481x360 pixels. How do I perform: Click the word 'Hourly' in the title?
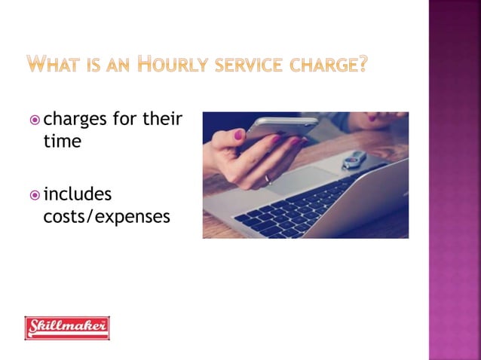174,65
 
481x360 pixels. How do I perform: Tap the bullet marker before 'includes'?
35,195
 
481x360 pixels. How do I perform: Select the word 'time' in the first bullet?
62,141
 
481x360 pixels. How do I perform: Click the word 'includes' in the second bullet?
78,194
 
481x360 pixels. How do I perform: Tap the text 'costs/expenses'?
106,217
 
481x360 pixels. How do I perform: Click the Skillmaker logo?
67,328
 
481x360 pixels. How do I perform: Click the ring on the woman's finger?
267,179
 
